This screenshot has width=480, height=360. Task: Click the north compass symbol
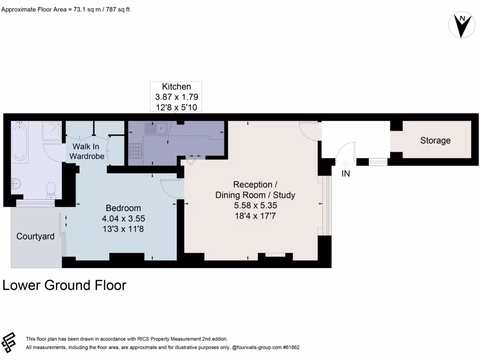click(x=462, y=24)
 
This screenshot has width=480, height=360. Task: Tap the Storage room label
click(x=435, y=140)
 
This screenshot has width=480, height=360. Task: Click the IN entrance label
click(x=346, y=173)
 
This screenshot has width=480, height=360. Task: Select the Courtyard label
click(x=35, y=236)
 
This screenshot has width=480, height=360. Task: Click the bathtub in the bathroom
click(x=20, y=141)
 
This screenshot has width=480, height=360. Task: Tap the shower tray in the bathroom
click(x=52, y=131)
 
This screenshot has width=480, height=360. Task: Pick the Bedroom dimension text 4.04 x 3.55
click(x=123, y=218)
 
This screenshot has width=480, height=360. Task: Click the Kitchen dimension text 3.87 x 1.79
click(x=176, y=97)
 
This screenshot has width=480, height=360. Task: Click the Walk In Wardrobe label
click(x=87, y=151)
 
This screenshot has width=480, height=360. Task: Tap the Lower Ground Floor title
click(x=65, y=285)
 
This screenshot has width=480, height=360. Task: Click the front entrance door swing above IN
click(x=346, y=152)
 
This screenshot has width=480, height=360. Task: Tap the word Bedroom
click(x=123, y=208)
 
